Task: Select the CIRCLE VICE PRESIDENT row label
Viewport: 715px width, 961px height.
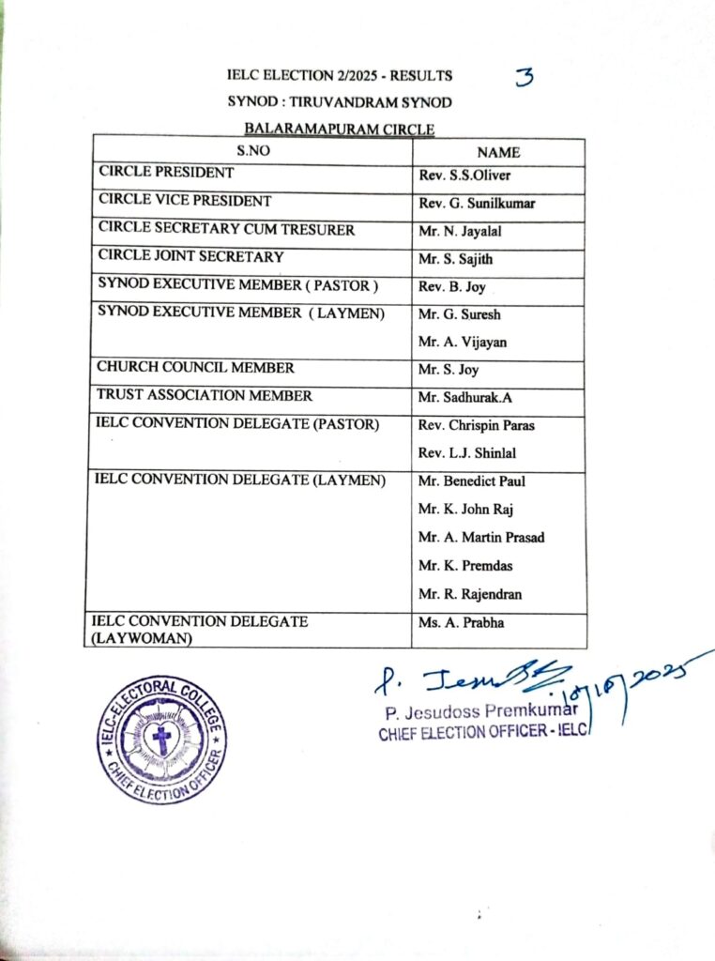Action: click(x=185, y=201)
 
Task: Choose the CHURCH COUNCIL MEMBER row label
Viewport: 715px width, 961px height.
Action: click(x=196, y=368)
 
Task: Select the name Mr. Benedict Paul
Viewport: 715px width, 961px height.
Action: click(x=472, y=481)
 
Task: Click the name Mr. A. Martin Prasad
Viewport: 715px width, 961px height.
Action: click(x=481, y=538)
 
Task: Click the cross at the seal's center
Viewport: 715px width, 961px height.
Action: click(x=162, y=740)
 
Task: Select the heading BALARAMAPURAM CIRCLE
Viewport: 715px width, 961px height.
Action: click(x=341, y=130)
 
